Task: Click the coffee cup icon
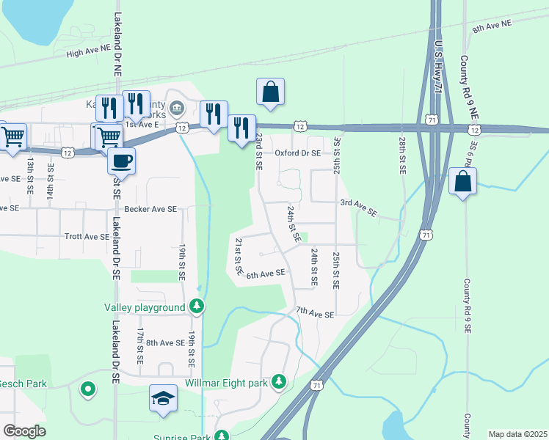coord(121,159)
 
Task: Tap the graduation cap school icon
coord(164,398)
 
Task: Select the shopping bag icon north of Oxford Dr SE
coord(270,92)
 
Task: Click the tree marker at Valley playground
coord(196,305)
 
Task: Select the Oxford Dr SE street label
coord(298,153)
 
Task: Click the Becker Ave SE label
coord(150,209)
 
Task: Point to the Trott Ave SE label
coord(87,237)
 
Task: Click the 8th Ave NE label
coord(491,27)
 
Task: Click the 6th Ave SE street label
coord(265,274)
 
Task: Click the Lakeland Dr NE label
coord(117,43)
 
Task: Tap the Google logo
coord(24,431)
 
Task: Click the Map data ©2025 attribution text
coord(517,434)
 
